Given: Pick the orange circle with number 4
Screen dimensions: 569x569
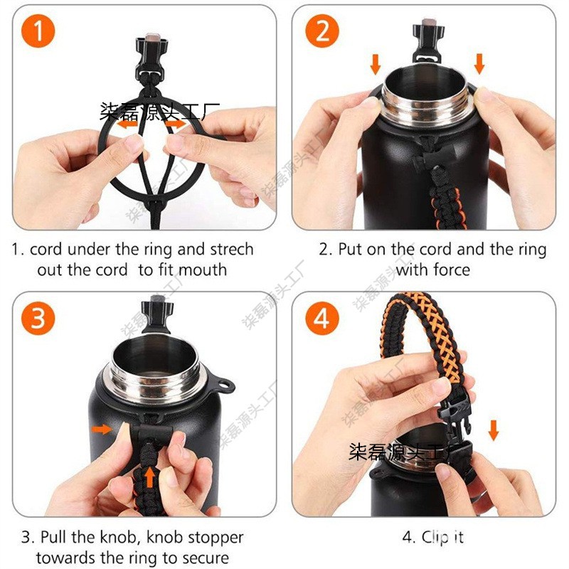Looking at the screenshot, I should (x=322, y=318).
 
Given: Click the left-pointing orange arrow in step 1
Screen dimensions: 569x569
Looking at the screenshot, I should (x=129, y=124).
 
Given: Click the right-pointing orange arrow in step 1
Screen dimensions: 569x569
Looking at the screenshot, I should (x=176, y=124).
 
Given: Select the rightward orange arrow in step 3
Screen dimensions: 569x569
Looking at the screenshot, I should (x=102, y=429).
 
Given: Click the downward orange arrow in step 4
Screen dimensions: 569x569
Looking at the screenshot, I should (x=494, y=430).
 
